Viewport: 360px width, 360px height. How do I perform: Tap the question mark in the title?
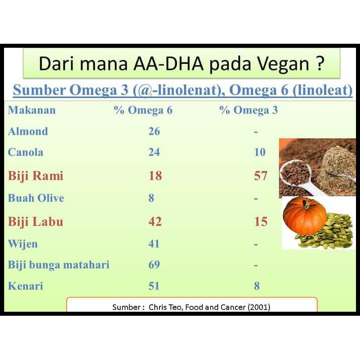[x=320, y=63]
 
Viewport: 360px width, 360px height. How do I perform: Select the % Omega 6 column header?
[x=143, y=110]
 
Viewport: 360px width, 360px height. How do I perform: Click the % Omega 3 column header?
[x=248, y=110]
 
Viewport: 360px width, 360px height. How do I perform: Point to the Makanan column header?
[x=32, y=110]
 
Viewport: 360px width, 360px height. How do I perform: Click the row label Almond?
[x=28, y=131]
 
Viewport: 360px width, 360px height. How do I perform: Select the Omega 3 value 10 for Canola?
[x=260, y=152]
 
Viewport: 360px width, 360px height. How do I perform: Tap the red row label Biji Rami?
[x=36, y=176]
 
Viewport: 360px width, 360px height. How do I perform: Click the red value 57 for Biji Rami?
[x=260, y=176]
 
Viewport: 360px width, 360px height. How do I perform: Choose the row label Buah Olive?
[x=36, y=198]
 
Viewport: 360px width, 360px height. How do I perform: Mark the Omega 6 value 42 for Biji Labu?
[x=155, y=222]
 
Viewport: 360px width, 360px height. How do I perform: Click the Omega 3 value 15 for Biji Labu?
[x=261, y=222]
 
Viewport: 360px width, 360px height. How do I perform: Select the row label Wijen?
[x=23, y=244]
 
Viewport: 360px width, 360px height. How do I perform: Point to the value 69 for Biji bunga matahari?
[x=154, y=264]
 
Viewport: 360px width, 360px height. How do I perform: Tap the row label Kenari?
[x=26, y=286]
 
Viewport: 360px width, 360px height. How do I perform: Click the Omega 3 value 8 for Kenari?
[x=257, y=286]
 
